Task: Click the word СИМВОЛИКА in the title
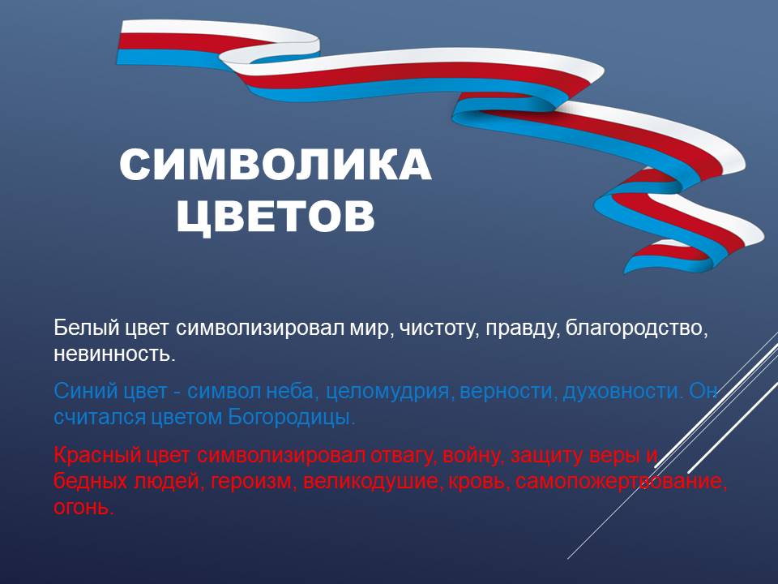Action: click(276, 165)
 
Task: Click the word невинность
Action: click(114, 354)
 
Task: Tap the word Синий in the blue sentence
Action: click(86, 391)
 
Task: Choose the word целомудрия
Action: click(388, 393)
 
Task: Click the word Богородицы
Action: click(292, 417)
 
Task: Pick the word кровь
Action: click(479, 481)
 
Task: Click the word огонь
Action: click(83, 507)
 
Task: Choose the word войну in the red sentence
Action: click(472, 456)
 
